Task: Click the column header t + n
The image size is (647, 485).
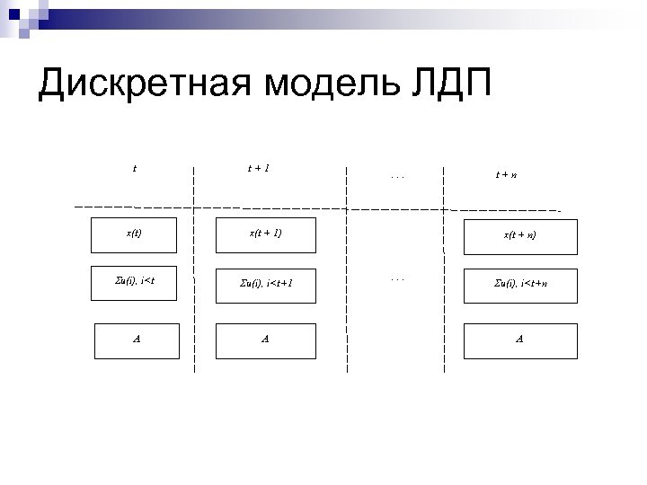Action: click(x=506, y=174)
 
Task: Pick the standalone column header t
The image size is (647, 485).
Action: click(x=135, y=166)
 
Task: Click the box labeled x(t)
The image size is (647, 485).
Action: click(x=134, y=234)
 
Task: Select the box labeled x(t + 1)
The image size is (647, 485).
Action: click(x=266, y=234)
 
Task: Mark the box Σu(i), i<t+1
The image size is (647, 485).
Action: click(x=266, y=284)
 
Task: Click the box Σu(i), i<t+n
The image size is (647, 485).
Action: click(x=521, y=284)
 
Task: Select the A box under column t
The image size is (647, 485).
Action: click(x=137, y=339)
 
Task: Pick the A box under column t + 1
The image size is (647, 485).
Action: click(x=266, y=339)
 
